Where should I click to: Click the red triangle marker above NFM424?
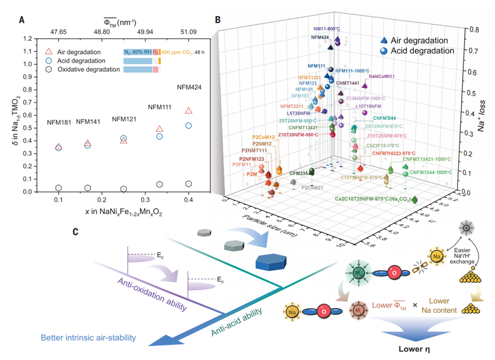click(188, 111)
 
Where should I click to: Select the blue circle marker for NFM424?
click(188, 125)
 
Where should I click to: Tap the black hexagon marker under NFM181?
click(58, 188)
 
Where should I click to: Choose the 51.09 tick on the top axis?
click(189, 31)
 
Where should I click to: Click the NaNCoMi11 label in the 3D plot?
click(382, 76)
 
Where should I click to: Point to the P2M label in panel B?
click(252, 174)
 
